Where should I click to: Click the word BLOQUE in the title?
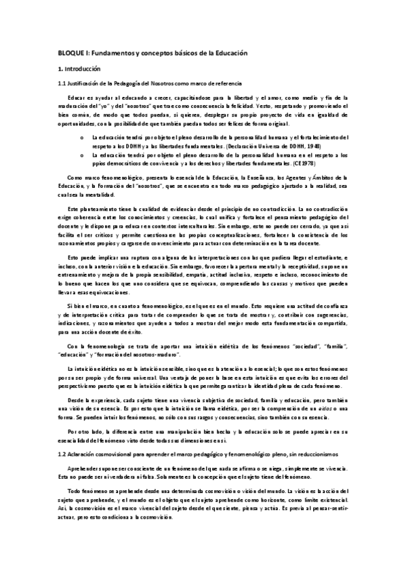click(x=69, y=53)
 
